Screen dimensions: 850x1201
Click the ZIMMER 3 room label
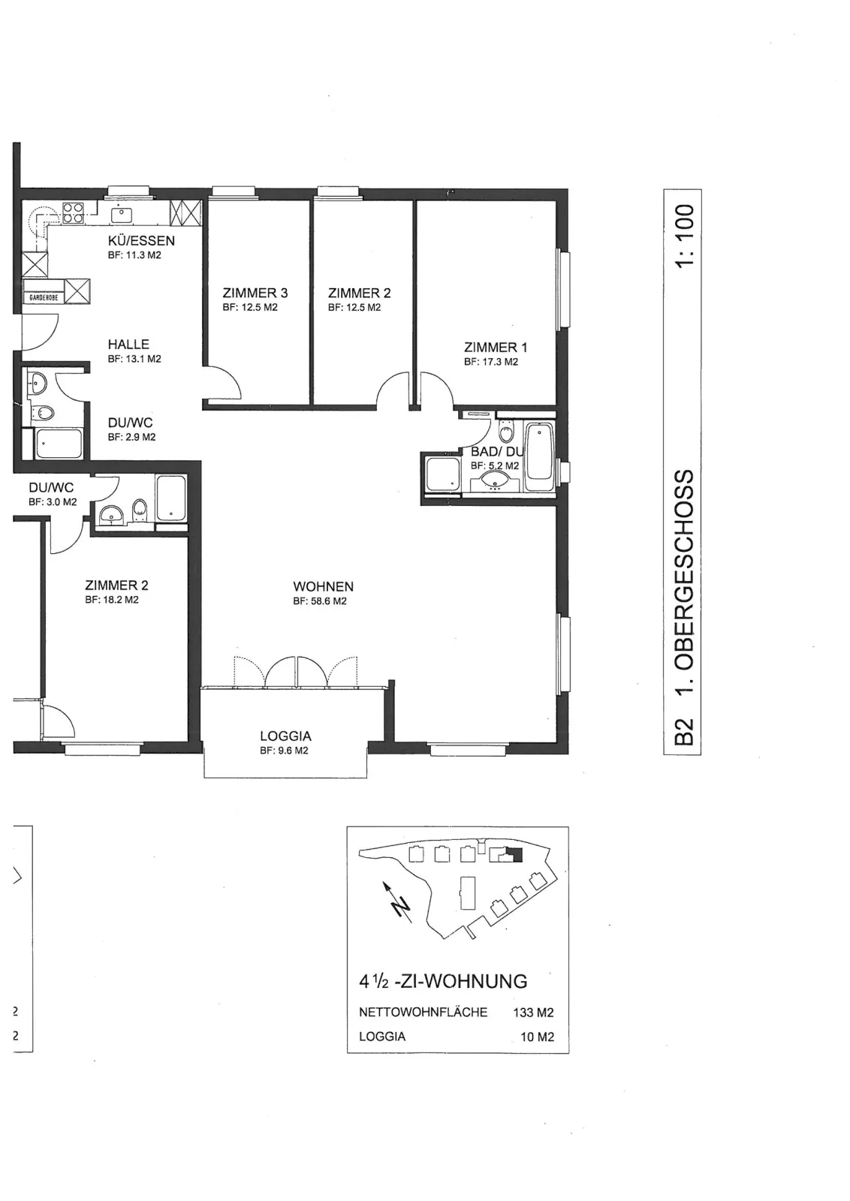255,293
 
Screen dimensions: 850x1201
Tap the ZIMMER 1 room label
496,348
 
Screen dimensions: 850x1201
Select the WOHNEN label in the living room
324,586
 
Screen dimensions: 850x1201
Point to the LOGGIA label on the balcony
286,736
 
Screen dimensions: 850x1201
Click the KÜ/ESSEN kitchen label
142,241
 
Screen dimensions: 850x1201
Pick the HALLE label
128,345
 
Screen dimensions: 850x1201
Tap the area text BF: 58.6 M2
320,601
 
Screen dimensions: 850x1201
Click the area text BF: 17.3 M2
491,362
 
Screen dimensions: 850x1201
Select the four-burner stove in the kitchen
72,213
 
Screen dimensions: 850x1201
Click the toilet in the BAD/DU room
506,429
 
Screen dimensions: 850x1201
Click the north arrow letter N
400,906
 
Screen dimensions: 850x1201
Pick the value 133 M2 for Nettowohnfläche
533,1013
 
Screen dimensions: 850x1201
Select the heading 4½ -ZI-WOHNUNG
443,982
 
